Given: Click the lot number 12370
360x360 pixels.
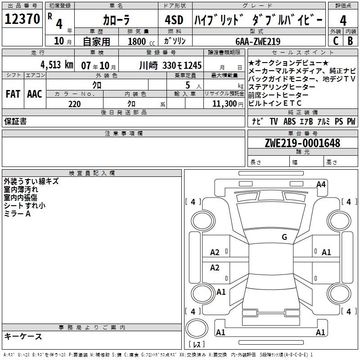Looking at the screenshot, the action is click(x=22, y=19).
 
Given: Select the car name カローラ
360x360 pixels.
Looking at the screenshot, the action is click(x=116, y=20).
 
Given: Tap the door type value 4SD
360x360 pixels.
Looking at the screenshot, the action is click(x=174, y=20).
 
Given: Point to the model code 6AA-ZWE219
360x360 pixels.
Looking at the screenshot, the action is click(x=258, y=41).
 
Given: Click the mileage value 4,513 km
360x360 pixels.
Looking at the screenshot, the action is click(x=57, y=65).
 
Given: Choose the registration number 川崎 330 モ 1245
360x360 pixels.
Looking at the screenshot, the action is click(x=170, y=66).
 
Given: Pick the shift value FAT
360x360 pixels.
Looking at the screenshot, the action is click(x=13, y=94).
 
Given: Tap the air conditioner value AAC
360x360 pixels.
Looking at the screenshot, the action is click(x=35, y=94).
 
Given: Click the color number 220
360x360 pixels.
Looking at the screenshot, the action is click(x=74, y=104).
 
